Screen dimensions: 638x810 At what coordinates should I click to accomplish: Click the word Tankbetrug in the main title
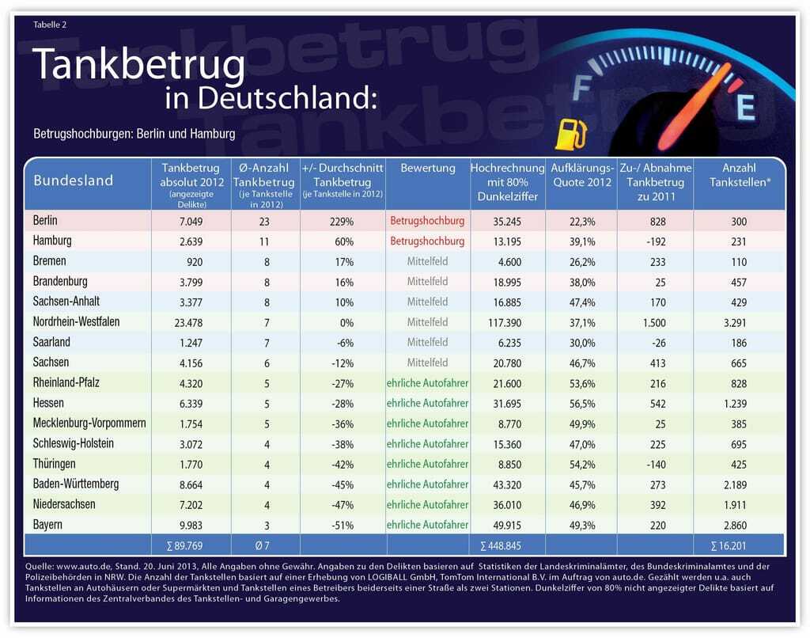click(x=138, y=65)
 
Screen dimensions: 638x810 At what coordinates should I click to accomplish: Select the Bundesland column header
click(x=74, y=180)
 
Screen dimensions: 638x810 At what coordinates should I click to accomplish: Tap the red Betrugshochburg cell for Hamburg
click(x=427, y=241)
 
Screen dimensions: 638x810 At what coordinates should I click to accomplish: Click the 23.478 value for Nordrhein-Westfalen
click(x=191, y=322)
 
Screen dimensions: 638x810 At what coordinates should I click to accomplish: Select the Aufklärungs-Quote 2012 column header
click(x=581, y=175)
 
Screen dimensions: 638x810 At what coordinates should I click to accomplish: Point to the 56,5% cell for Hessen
click(x=581, y=404)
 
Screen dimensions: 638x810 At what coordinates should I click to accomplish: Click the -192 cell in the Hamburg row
click(x=655, y=241)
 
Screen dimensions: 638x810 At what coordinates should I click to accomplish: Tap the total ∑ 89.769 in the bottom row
click(x=191, y=545)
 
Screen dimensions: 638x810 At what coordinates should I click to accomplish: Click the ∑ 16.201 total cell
click(x=739, y=545)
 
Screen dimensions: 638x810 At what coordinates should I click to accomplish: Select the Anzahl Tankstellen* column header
click(x=739, y=175)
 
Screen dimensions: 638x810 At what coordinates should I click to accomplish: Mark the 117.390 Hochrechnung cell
click(x=507, y=322)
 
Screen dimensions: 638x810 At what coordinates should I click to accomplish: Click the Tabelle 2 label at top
click(x=50, y=25)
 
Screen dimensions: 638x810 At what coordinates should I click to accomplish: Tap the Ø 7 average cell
click(x=265, y=545)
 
